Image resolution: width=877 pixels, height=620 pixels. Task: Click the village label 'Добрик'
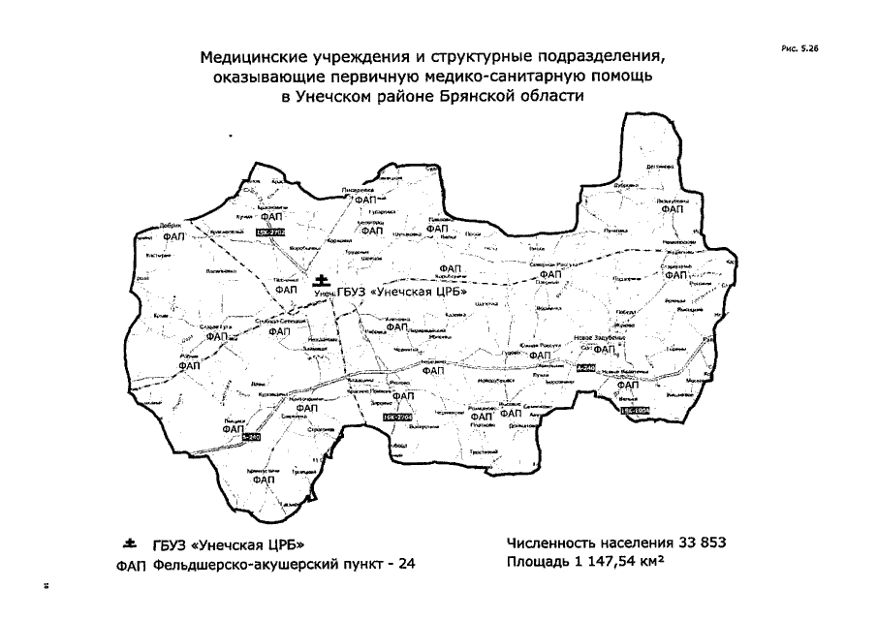click(x=172, y=225)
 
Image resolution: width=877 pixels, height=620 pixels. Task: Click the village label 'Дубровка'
click(x=625, y=186)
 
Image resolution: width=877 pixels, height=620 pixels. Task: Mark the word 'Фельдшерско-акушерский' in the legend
click(x=235, y=564)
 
